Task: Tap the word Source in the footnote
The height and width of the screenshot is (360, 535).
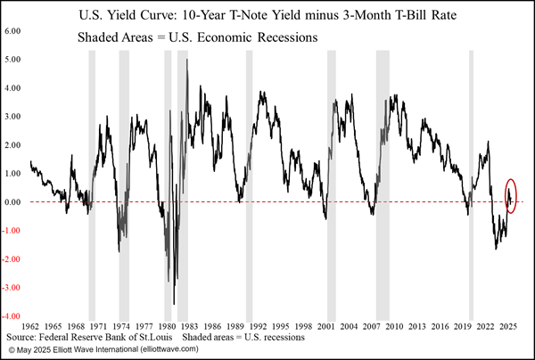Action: [23, 338]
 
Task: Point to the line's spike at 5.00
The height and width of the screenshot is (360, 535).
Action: [186, 61]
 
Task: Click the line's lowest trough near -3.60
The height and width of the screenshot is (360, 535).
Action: [174, 303]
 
